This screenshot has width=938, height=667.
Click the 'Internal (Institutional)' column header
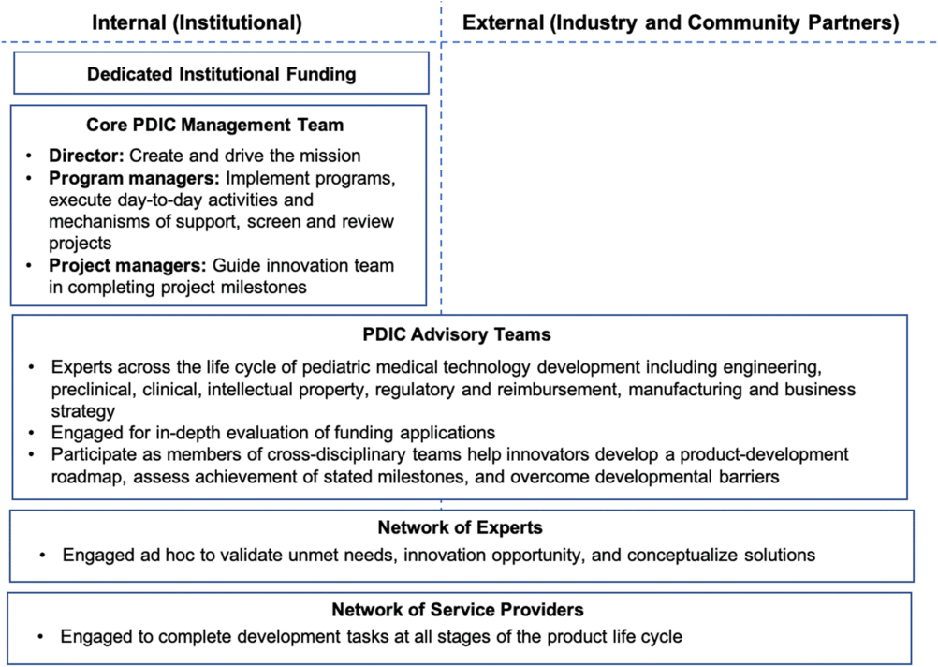pos(197,22)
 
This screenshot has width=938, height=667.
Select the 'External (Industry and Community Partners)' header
pos(681,22)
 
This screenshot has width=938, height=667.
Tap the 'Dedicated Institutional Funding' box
pos(221,73)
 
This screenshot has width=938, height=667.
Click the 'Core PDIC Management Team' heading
pos(214,125)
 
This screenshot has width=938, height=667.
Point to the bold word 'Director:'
pos(86,156)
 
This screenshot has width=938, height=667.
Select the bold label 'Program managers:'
pos(134,178)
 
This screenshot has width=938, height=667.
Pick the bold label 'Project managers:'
pos(127,265)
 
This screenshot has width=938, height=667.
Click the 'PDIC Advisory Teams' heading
pos(457,334)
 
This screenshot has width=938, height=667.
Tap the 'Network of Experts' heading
pos(460,527)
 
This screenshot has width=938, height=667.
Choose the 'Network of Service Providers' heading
pos(458,610)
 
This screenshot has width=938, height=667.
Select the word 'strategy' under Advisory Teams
pos(83,412)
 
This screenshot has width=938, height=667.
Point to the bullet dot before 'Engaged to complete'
pos(40,636)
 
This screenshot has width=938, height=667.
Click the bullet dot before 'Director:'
pos(29,156)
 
